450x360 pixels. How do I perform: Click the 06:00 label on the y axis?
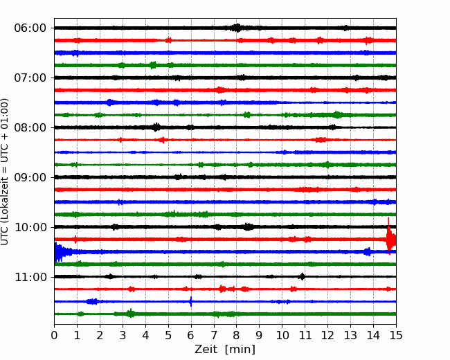(30, 28)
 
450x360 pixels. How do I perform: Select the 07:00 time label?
(30, 78)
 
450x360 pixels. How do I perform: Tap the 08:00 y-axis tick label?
(30, 128)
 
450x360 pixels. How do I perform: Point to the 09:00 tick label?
(30, 177)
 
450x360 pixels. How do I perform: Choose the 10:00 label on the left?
(30, 227)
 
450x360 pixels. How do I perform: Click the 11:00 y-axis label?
(30, 278)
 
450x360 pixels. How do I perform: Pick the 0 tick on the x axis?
(54, 335)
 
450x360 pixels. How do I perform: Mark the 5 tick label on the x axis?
(168, 335)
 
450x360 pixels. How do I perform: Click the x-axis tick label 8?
(237, 335)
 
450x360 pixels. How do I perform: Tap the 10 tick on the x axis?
(282, 335)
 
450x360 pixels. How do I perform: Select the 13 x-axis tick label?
(350, 335)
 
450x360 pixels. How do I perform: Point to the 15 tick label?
(396, 335)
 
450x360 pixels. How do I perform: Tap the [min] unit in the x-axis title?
(240, 350)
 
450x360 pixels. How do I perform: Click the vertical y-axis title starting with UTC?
(5, 172)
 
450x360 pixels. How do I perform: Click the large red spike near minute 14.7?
(390, 237)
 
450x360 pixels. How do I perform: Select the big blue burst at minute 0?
(59, 252)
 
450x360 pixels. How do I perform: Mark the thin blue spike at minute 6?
(191, 301)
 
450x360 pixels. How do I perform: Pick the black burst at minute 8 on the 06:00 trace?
(237, 28)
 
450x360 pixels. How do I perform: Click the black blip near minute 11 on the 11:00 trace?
(302, 276)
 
